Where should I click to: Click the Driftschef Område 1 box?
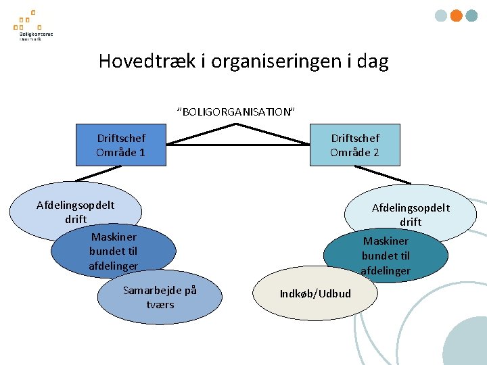click(120, 145)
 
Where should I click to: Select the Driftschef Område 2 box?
click(354, 145)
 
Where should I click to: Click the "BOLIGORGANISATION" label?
click(236, 112)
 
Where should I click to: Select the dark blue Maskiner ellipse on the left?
click(113, 251)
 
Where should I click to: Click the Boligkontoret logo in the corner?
click(32, 26)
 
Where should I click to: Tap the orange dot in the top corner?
click(456, 16)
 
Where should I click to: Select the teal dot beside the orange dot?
click(471, 16)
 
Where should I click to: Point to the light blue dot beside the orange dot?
click(440, 16)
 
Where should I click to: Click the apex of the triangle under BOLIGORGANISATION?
click(237, 126)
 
